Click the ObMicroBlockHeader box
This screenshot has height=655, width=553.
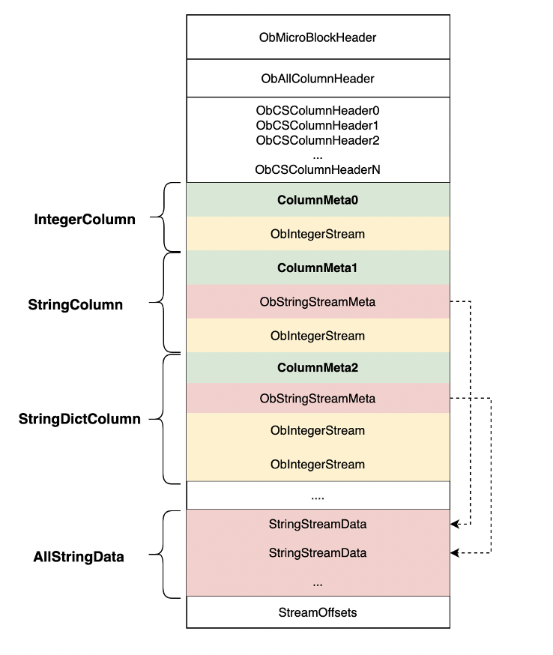click(318, 37)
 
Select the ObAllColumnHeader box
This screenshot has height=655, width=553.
click(318, 78)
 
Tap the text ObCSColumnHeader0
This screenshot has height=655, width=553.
click(318, 110)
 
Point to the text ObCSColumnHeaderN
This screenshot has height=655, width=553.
click(318, 169)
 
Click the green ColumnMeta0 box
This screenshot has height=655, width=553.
click(318, 200)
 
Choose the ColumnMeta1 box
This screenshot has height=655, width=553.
click(318, 268)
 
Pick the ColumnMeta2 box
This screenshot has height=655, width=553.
click(318, 368)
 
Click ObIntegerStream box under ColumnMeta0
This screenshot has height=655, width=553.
click(318, 234)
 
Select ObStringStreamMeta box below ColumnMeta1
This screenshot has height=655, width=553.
click(318, 302)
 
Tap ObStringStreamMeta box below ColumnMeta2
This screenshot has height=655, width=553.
click(318, 398)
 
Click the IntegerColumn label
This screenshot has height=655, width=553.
click(85, 220)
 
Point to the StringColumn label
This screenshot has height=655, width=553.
click(75, 305)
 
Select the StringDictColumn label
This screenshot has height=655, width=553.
click(79, 419)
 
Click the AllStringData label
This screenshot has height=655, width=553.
click(79, 557)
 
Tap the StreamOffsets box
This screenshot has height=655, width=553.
click(318, 612)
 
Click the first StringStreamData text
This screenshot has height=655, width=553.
click(318, 524)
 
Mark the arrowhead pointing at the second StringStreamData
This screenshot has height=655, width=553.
click(455, 553)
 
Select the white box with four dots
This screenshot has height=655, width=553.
click(318, 495)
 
